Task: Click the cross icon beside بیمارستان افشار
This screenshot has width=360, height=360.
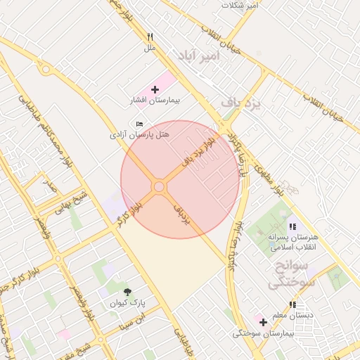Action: point(155,90)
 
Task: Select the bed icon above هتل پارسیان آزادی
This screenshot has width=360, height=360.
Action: point(139,124)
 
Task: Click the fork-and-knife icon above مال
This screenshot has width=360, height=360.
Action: point(150,37)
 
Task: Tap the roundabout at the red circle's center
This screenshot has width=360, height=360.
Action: point(160,186)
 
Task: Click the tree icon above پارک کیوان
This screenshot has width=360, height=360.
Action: point(127,292)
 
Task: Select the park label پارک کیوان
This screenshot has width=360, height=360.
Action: point(127,303)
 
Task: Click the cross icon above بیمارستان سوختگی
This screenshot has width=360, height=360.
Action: point(263,322)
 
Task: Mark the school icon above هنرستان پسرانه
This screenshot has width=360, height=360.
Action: point(292,226)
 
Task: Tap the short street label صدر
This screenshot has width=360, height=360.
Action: point(49,186)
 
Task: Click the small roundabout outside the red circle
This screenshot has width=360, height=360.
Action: point(46,70)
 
